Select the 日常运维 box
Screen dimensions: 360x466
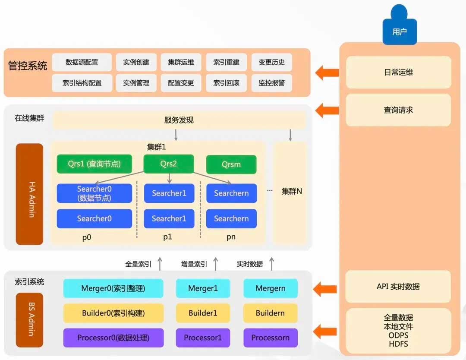[x=398, y=73]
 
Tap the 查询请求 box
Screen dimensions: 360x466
[x=398, y=110]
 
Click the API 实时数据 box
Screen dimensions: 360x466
[x=398, y=287]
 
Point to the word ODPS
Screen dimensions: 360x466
[x=398, y=335]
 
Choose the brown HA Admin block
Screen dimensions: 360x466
[x=30, y=194]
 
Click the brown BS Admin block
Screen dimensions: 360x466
[x=30, y=319]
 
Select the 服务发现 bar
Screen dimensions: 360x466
[x=179, y=120]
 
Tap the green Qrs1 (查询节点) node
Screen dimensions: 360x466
[x=94, y=164]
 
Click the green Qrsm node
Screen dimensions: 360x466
[x=231, y=164]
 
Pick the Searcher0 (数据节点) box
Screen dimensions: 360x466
[x=94, y=193]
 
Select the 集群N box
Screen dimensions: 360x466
[x=291, y=191]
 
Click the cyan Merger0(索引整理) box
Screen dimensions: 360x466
[x=113, y=288]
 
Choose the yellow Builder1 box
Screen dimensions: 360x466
[x=203, y=313]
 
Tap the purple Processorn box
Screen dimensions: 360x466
[x=271, y=338]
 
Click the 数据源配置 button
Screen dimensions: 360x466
[x=82, y=62]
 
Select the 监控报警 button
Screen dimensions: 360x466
[x=271, y=83]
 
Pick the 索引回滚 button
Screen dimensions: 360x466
[x=226, y=83]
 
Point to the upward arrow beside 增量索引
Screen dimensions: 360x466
[x=216, y=264]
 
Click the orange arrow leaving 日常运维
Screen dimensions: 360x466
[x=327, y=73]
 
